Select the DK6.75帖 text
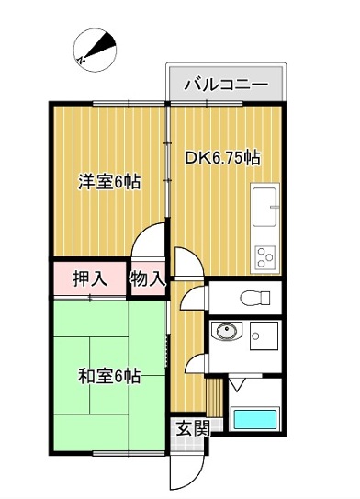click(x=222, y=157)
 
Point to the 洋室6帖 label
click(x=108, y=182)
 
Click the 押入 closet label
click(x=88, y=278)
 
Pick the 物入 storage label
click(x=147, y=278)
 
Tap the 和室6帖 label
click(x=108, y=376)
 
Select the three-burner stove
click(x=265, y=255)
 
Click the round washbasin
click(x=225, y=334)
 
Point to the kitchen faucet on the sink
click(x=275, y=208)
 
